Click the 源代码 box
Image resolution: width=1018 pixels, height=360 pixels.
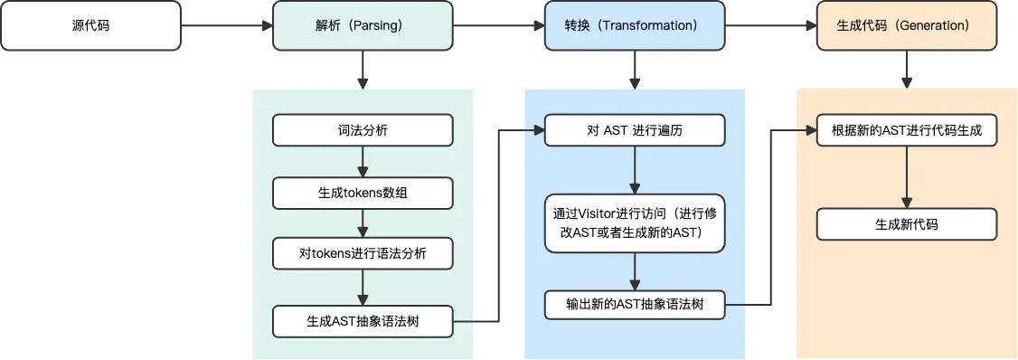(x=90, y=25)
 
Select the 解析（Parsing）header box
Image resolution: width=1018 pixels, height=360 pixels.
(x=363, y=25)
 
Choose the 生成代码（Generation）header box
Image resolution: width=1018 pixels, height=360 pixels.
(x=907, y=25)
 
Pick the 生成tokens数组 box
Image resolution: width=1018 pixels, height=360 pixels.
(x=363, y=193)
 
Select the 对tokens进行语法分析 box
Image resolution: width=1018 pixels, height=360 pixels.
(x=363, y=253)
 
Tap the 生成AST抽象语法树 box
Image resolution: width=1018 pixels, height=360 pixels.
(x=363, y=321)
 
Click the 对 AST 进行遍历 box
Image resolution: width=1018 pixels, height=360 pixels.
(x=635, y=131)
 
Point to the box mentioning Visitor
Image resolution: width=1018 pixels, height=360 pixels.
(x=635, y=223)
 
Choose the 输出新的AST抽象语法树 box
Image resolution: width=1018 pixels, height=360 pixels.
(x=635, y=305)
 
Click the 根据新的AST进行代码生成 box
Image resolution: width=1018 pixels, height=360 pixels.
(x=907, y=131)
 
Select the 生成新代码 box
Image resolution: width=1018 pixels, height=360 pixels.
(x=907, y=224)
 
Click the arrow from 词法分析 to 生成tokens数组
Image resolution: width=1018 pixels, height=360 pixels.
(x=363, y=162)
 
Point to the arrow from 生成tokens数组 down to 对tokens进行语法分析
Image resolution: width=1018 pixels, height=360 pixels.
(x=363, y=223)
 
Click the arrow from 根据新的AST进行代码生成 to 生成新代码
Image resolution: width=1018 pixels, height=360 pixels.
(x=907, y=177)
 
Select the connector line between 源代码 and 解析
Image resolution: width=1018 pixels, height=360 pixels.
(x=226, y=25)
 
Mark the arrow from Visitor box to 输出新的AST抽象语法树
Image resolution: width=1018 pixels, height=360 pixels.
(x=635, y=270)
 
